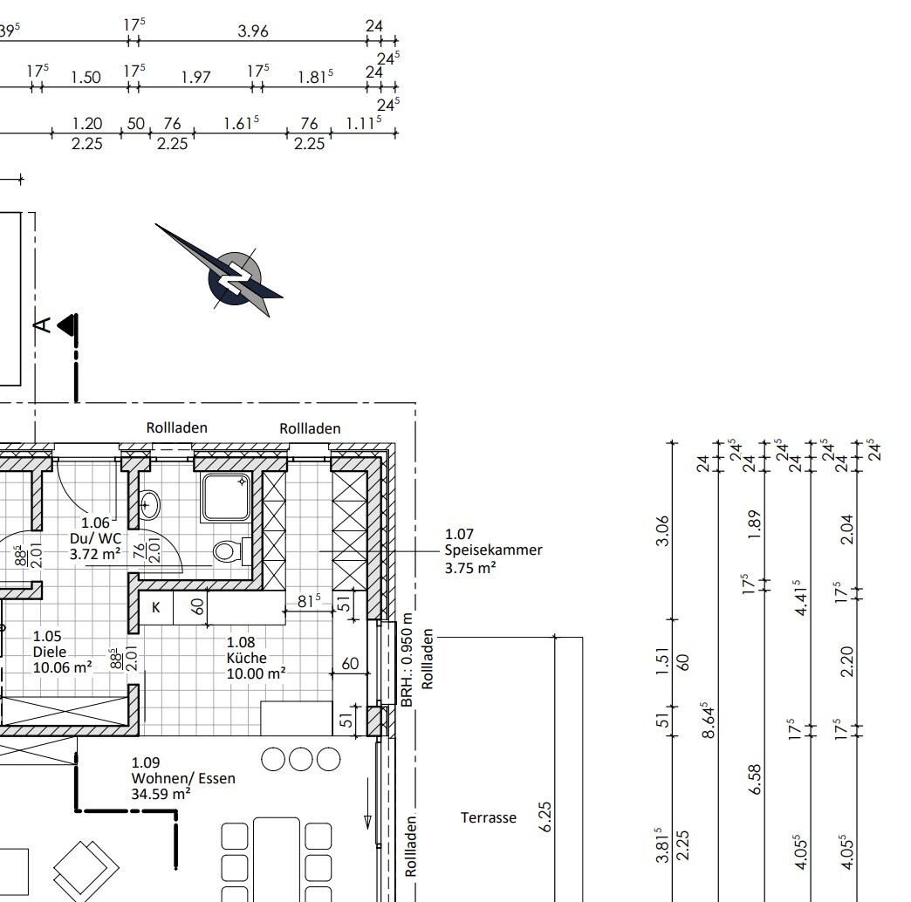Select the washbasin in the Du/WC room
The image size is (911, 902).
tap(148, 504)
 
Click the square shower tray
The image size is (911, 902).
tap(226, 496)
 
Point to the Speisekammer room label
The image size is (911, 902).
tap(493, 550)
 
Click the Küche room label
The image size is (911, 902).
tap(256, 658)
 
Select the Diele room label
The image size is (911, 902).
tap(62, 653)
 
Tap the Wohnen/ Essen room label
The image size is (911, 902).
tap(183, 778)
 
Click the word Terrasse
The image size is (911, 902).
tap(489, 817)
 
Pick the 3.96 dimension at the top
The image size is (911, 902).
tap(253, 31)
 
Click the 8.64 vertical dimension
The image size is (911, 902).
tap(709, 721)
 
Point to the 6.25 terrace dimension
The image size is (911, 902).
tap(545, 817)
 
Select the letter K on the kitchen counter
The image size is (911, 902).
tap(155, 607)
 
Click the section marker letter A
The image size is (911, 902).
tap(44, 325)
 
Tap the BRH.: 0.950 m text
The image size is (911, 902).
tap(407, 659)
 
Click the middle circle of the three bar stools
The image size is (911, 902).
tap(300, 759)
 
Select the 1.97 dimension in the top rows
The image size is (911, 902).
tap(195, 78)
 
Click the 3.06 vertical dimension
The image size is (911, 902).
tap(662, 531)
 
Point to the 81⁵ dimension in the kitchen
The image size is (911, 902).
tap(309, 600)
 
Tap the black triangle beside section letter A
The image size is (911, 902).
tap(68, 325)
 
